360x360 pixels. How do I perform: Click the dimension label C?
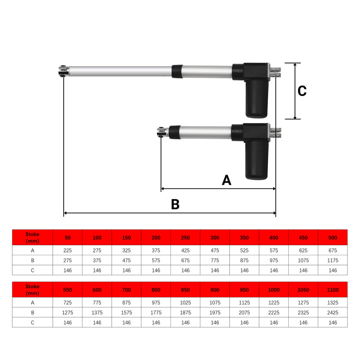302,91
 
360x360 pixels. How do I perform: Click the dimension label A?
226,180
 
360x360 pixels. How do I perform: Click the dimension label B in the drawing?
175,204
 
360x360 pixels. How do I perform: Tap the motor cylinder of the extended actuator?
257,99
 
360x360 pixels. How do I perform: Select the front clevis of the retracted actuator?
161,132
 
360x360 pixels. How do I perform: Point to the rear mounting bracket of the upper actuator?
275,72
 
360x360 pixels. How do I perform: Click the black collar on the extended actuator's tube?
177,71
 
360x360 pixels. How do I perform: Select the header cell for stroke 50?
67,237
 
